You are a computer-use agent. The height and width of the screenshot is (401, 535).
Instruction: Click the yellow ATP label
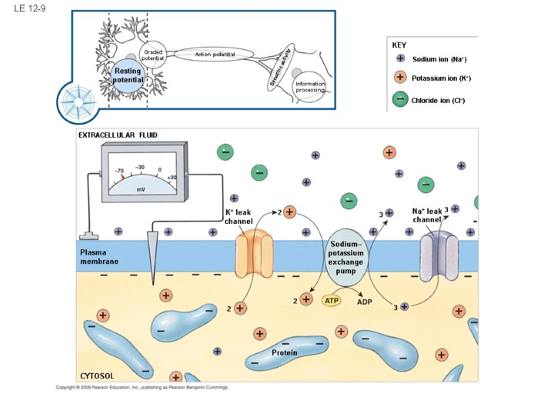(331, 300)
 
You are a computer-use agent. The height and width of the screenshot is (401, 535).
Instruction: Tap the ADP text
(364, 302)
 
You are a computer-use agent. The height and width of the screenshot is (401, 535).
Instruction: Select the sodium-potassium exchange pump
(346, 257)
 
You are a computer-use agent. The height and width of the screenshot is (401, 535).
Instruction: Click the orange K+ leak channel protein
(255, 253)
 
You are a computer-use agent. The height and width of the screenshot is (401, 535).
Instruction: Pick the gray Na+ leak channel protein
(439, 256)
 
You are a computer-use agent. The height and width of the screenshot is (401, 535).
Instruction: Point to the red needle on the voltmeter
(123, 176)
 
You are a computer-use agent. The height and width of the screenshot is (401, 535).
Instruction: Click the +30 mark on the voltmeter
(172, 177)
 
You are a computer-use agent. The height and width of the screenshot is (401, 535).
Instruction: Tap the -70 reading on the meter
(119, 170)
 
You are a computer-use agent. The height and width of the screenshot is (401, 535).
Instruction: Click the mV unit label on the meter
(141, 189)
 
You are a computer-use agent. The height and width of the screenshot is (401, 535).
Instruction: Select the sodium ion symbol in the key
(401, 58)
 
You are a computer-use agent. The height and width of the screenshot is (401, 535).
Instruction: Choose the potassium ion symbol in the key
(400, 77)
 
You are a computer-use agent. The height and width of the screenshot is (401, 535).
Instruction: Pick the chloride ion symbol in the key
(400, 99)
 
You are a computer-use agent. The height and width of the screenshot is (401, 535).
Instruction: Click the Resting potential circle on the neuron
(128, 76)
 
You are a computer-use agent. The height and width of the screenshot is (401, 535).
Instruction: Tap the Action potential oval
(214, 54)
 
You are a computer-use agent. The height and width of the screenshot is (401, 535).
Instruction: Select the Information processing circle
(310, 87)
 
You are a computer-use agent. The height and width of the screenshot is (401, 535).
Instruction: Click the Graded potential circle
(153, 55)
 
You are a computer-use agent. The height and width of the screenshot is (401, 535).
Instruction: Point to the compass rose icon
(78, 102)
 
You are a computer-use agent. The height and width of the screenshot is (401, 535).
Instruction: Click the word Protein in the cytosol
(284, 353)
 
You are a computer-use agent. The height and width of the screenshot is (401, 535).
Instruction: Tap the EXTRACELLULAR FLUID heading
(118, 135)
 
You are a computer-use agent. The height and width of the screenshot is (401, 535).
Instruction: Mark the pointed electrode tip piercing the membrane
(153, 283)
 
